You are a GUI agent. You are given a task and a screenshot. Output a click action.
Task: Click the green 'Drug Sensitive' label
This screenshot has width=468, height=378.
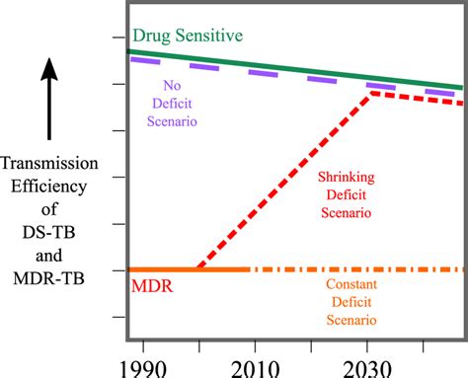pyautogui.click(x=190, y=37)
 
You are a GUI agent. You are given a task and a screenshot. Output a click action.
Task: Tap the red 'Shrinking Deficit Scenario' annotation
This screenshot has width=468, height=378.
pyautogui.click(x=345, y=194)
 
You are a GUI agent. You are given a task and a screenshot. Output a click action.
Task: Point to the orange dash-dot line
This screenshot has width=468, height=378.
pyautogui.click(x=355, y=268)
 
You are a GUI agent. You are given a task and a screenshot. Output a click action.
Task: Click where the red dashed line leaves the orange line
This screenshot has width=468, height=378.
pyautogui.click(x=196, y=267)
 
